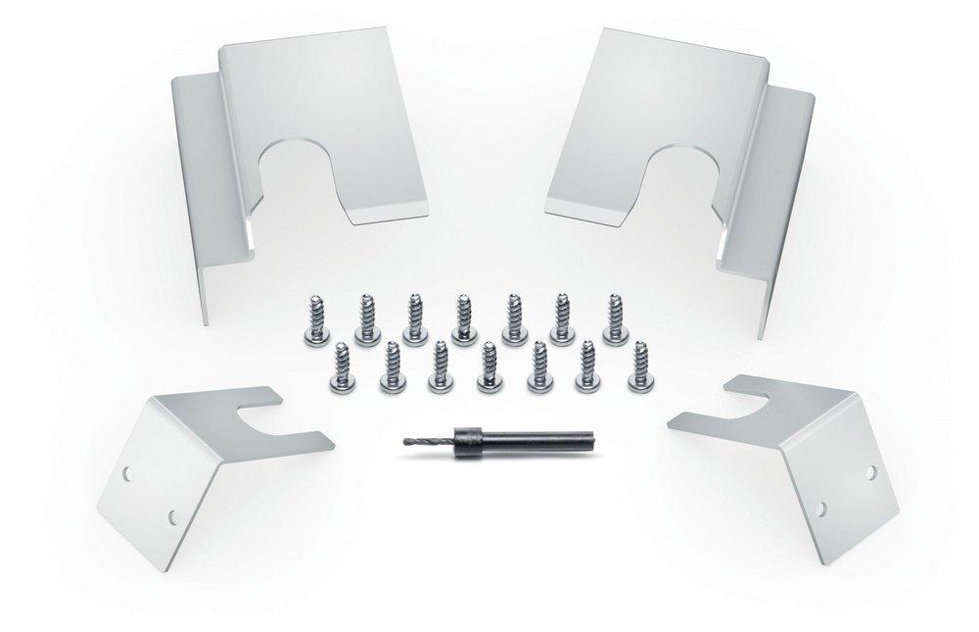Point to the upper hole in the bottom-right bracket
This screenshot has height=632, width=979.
click(869, 471)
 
